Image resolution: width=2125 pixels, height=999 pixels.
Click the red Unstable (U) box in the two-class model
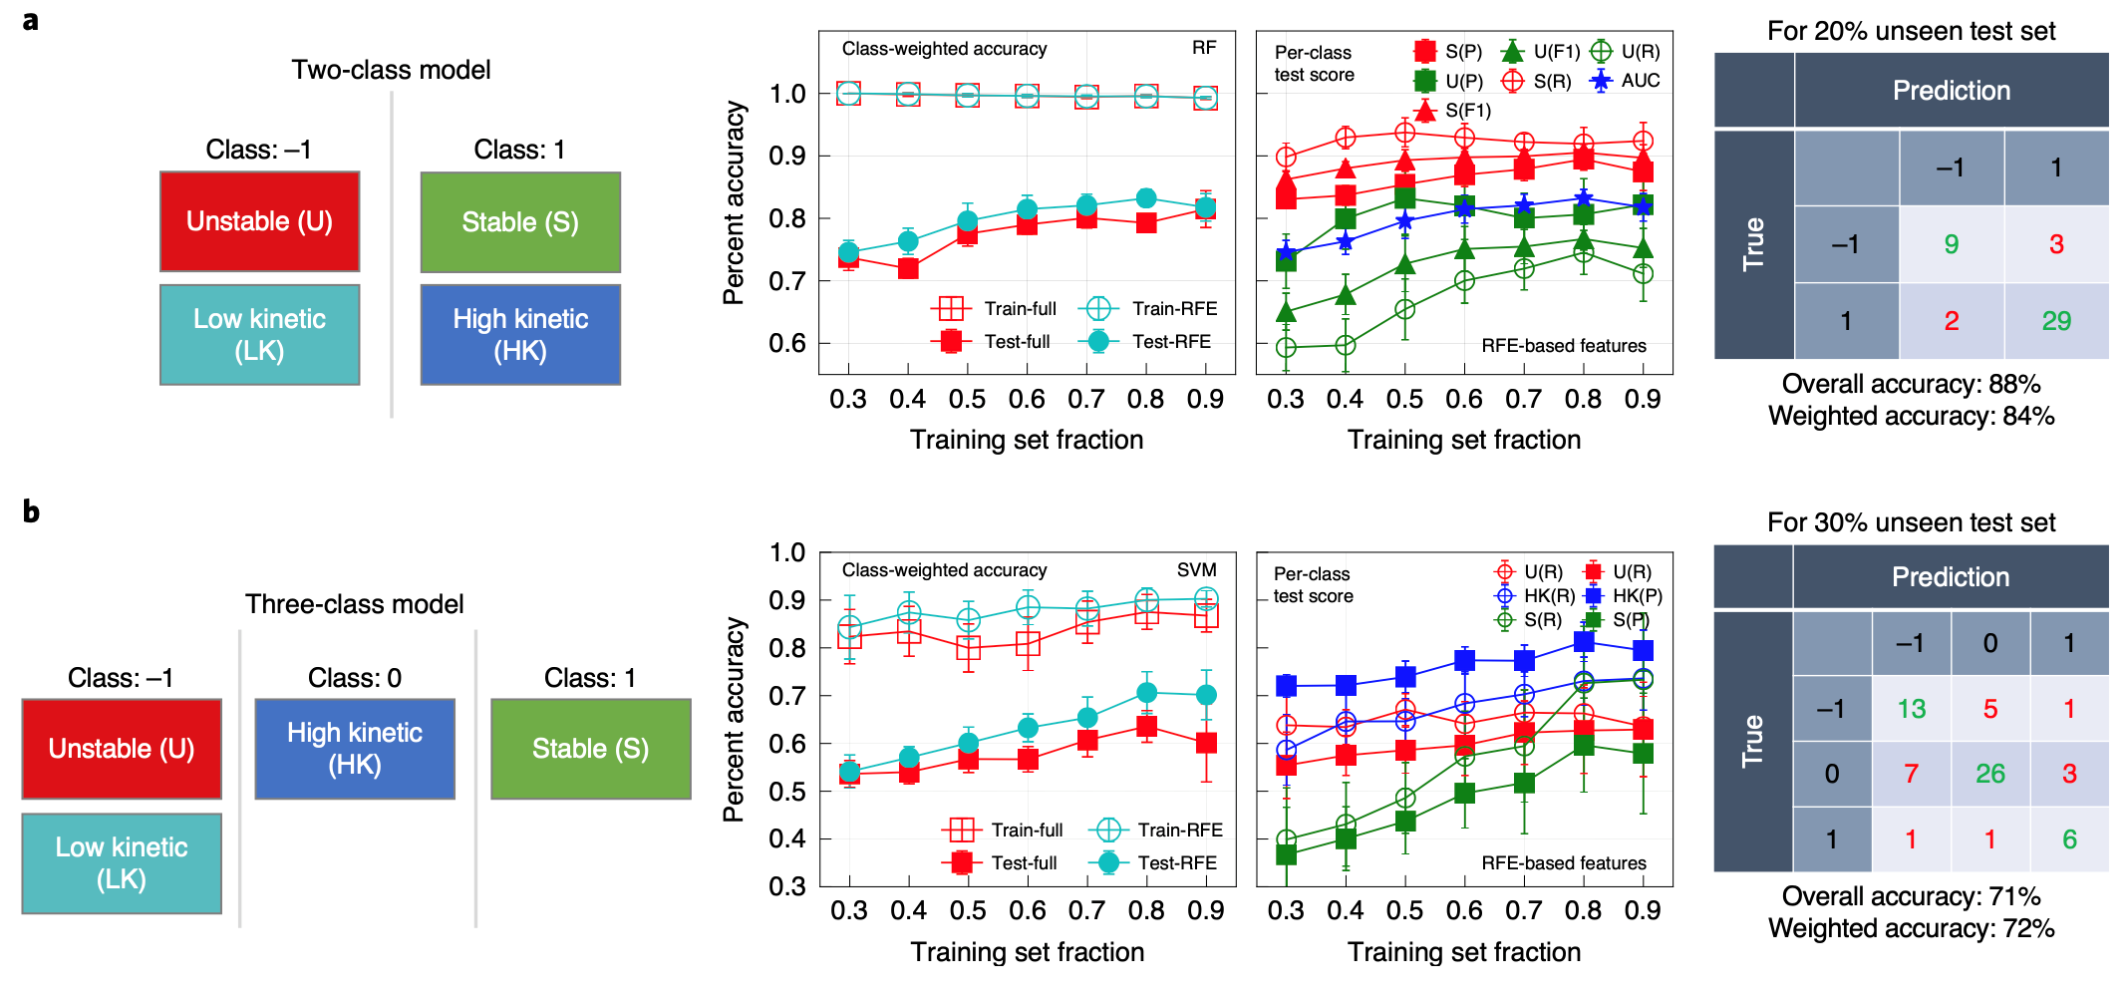pos(259,221)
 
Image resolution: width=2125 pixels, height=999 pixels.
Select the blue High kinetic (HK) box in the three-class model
pos(355,749)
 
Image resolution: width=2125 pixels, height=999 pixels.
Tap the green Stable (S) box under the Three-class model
pos(590,749)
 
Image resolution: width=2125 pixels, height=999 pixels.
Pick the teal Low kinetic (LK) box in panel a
pos(259,335)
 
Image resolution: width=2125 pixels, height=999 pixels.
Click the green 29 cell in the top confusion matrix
pos(2055,321)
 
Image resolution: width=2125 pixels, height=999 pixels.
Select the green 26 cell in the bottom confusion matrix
pos(1989,774)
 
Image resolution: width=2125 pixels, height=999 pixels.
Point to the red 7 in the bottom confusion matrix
pos(1910,774)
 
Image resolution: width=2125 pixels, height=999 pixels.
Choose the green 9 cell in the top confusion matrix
pos(1951,244)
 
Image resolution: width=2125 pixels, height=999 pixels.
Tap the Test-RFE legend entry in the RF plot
pos(1156,342)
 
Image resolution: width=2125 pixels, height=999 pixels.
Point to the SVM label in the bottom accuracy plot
pos(1196,570)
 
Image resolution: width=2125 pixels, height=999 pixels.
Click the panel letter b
pos(31,511)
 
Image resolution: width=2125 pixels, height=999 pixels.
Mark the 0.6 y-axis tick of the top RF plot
pos(786,344)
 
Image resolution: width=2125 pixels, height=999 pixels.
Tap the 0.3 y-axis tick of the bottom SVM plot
pos(786,886)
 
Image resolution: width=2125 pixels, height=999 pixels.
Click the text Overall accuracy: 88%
pos(1911,384)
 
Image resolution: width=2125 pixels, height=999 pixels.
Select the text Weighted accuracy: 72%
pos(1911,928)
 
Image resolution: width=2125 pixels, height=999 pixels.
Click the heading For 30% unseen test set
pos(1911,522)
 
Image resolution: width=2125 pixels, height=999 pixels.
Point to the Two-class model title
pos(391,70)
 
